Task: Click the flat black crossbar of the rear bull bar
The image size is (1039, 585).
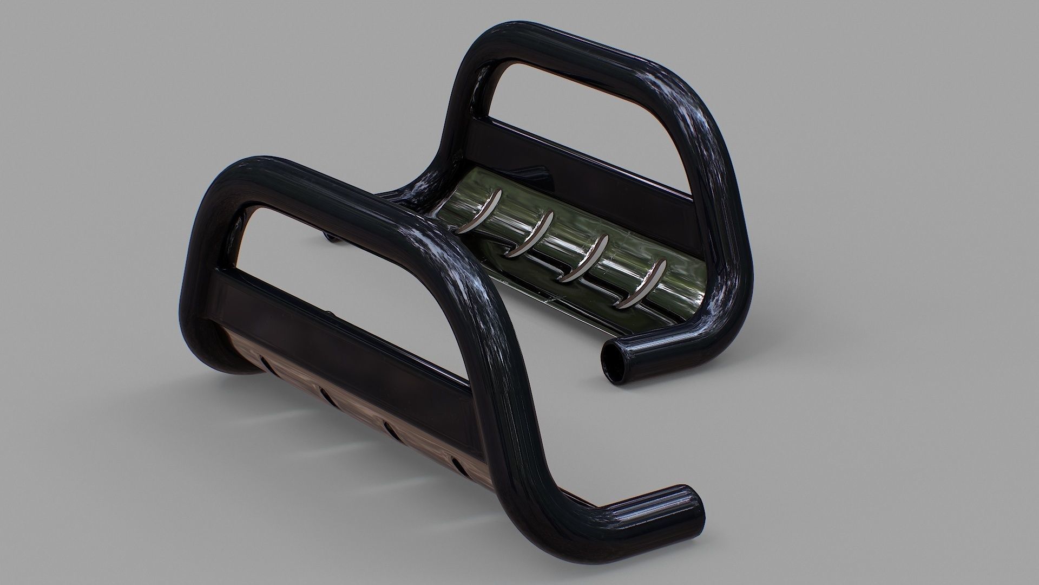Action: (x=574, y=157)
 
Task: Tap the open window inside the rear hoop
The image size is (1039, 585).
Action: (x=584, y=108)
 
